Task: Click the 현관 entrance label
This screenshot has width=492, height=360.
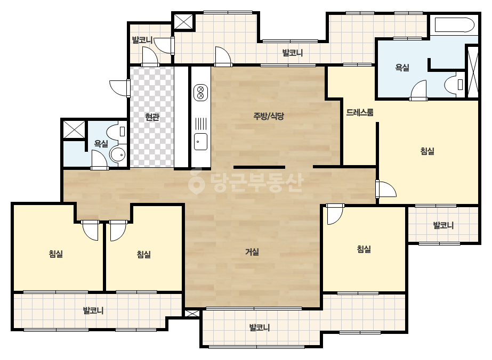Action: pyautogui.click(x=152, y=117)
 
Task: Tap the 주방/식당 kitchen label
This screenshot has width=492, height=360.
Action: pyautogui.click(x=269, y=116)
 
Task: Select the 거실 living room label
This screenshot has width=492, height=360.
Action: pyautogui.click(x=252, y=252)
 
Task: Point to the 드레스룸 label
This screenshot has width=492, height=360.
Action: pyautogui.click(x=360, y=112)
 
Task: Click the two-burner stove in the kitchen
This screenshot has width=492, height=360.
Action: pyautogui.click(x=201, y=93)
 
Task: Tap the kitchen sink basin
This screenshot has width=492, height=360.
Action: pyautogui.click(x=200, y=142)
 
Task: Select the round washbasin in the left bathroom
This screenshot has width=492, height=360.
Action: pyautogui.click(x=118, y=154)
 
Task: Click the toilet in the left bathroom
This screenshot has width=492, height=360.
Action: pyautogui.click(x=116, y=132)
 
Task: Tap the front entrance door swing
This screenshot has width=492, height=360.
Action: pyautogui.click(x=119, y=88)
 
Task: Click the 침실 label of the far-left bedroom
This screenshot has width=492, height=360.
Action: pyautogui.click(x=56, y=253)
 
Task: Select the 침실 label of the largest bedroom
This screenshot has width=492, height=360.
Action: pyautogui.click(x=428, y=151)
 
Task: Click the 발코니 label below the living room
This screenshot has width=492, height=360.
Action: pyautogui.click(x=260, y=328)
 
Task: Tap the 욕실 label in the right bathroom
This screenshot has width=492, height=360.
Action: pyautogui.click(x=402, y=68)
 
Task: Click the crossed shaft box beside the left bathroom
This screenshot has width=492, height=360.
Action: pyautogui.click(x=74, y=129)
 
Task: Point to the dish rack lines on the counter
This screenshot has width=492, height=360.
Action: pyautogui.click(x=201, y=124)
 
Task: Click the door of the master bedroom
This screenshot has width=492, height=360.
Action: pyautogui.click(x=386, y=189)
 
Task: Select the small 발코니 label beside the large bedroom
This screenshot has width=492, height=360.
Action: pyautogui.click(x=443, y=225)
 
